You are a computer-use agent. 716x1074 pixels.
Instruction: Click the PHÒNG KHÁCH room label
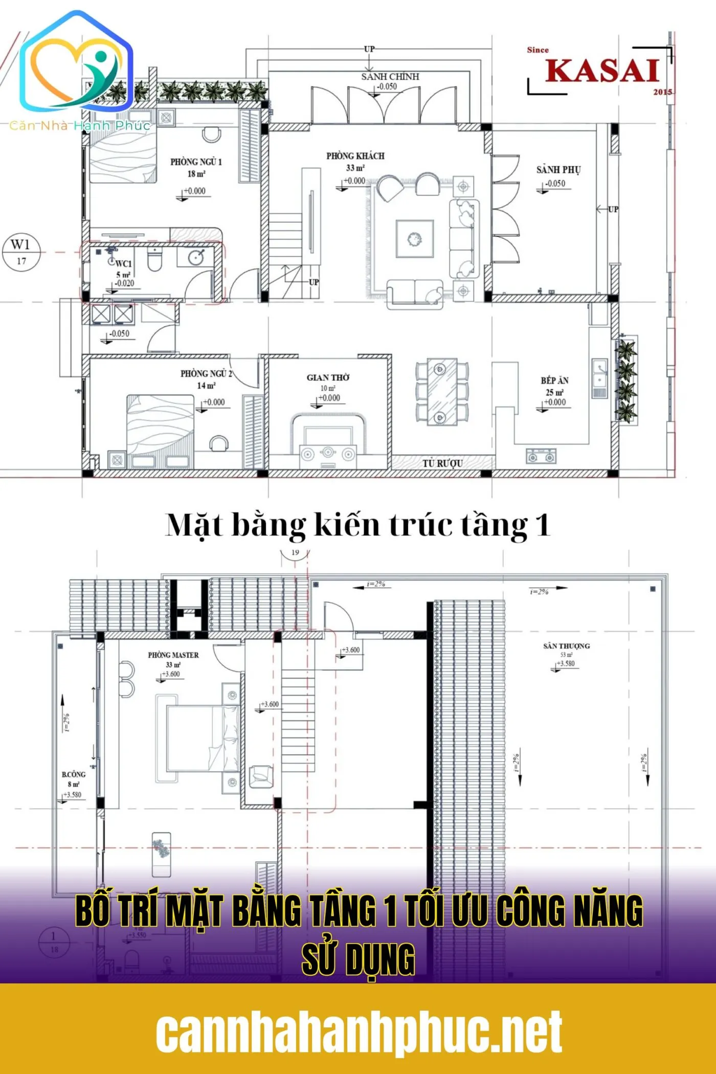tap(355, 156)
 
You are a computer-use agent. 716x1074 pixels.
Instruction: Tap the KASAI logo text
tap(602, 71)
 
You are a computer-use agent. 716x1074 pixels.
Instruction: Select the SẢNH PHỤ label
tap(558, 170)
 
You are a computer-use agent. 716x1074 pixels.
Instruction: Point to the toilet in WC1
tap(154, 259)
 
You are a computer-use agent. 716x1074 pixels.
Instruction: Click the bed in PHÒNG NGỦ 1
tap(123, 156)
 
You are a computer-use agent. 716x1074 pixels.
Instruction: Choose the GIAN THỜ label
tap(328, 378)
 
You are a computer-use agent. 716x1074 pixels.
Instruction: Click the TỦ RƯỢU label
tap(442, 463)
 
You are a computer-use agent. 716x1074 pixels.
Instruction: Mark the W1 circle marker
tap(21, 251)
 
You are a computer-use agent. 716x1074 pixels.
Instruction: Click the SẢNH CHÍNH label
tap(390, 77)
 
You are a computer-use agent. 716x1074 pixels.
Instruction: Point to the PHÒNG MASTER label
tap(173, 655)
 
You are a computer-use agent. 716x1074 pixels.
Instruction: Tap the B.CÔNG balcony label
tap(74, 774)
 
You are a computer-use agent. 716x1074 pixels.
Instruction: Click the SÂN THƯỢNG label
tap(566, 646)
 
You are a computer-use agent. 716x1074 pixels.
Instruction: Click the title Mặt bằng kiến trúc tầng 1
tap(358, 525)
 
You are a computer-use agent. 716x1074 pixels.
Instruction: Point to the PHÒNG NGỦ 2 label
tap(206, 374)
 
